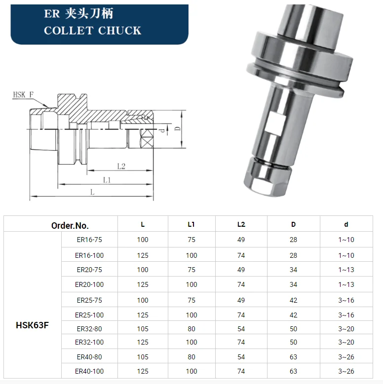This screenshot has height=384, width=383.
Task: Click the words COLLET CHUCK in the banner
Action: pyautogui.click(x=92, y=31)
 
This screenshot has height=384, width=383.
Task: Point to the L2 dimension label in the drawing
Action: pyautogui.click(x=121, y=166)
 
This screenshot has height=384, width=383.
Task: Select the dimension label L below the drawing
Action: pyautogui.click(x=92, y=193)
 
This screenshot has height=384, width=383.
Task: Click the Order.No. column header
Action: pyautogui.click(x=70, y=225)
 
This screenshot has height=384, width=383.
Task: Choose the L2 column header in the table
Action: pyautogui.click(x=241, y=224)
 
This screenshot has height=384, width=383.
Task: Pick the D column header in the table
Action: pyautogui.click(x=293, y=224)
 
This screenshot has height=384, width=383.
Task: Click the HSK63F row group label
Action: pyautogui.click(x=32, y=325)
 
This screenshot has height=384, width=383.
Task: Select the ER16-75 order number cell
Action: pyautogui.click(x=89, y=240)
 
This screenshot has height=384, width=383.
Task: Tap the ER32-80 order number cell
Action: pyautogui.click(x=89, y=328)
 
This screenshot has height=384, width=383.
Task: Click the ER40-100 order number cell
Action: pyautogui.click(x=89, y=371)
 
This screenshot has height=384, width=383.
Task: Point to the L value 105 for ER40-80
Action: pyautogui.click(x=143, y=357)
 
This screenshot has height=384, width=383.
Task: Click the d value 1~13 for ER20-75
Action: pyautogui.click(x=346, y=270)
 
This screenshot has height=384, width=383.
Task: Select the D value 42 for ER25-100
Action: pyautogui.click(x=293, y=314)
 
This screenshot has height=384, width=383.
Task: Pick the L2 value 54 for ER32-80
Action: pyautogui.click(x=241, y=328)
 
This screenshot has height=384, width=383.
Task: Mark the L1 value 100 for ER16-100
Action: pyautogui.click(x=191, y=255)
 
